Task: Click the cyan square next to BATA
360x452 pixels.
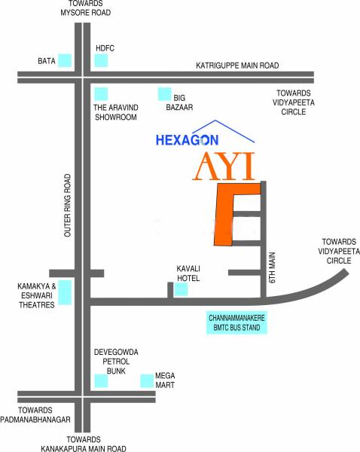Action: [66, 60]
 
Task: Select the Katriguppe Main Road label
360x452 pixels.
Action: [236, 66]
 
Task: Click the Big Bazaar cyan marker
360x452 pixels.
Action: [163, 94]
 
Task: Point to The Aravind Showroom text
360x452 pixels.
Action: [114, 112]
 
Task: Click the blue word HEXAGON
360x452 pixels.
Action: [186, 140]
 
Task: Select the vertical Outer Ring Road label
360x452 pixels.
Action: [68, 206]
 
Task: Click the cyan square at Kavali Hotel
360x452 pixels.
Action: [182, 290]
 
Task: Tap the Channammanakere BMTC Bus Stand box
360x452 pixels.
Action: [238, 323]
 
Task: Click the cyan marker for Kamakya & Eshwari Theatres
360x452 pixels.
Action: [66, 292]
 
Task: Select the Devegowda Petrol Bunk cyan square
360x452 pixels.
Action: [100, 380]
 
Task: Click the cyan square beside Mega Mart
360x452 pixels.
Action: [146, 380]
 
